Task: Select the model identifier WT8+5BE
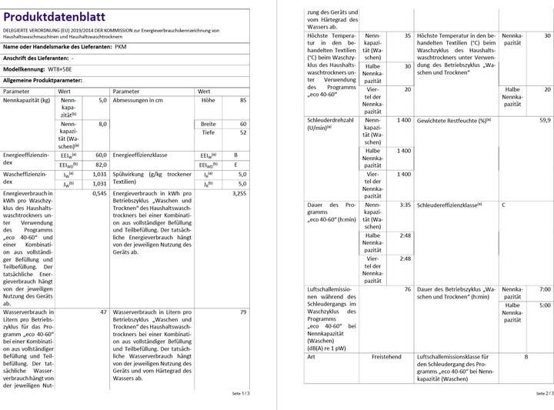pos(64,68)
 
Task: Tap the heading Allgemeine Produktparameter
pos(43,79)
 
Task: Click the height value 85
pos(243,101)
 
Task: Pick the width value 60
pos(243,124)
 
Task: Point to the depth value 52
pos(243,132)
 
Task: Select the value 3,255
pos(239,195)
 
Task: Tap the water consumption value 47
pos(104,312)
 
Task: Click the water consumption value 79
pos(243,312)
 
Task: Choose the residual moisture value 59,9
pos(545,121)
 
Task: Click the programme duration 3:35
pos(405,205)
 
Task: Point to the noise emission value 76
pos(407,289)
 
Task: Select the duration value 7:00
pos(545,289)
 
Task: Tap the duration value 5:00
pos(545,305)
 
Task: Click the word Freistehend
pos(386,357)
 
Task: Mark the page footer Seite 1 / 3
pos(241,393)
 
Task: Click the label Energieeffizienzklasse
pos(141,155)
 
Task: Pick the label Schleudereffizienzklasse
pos(452,205)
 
